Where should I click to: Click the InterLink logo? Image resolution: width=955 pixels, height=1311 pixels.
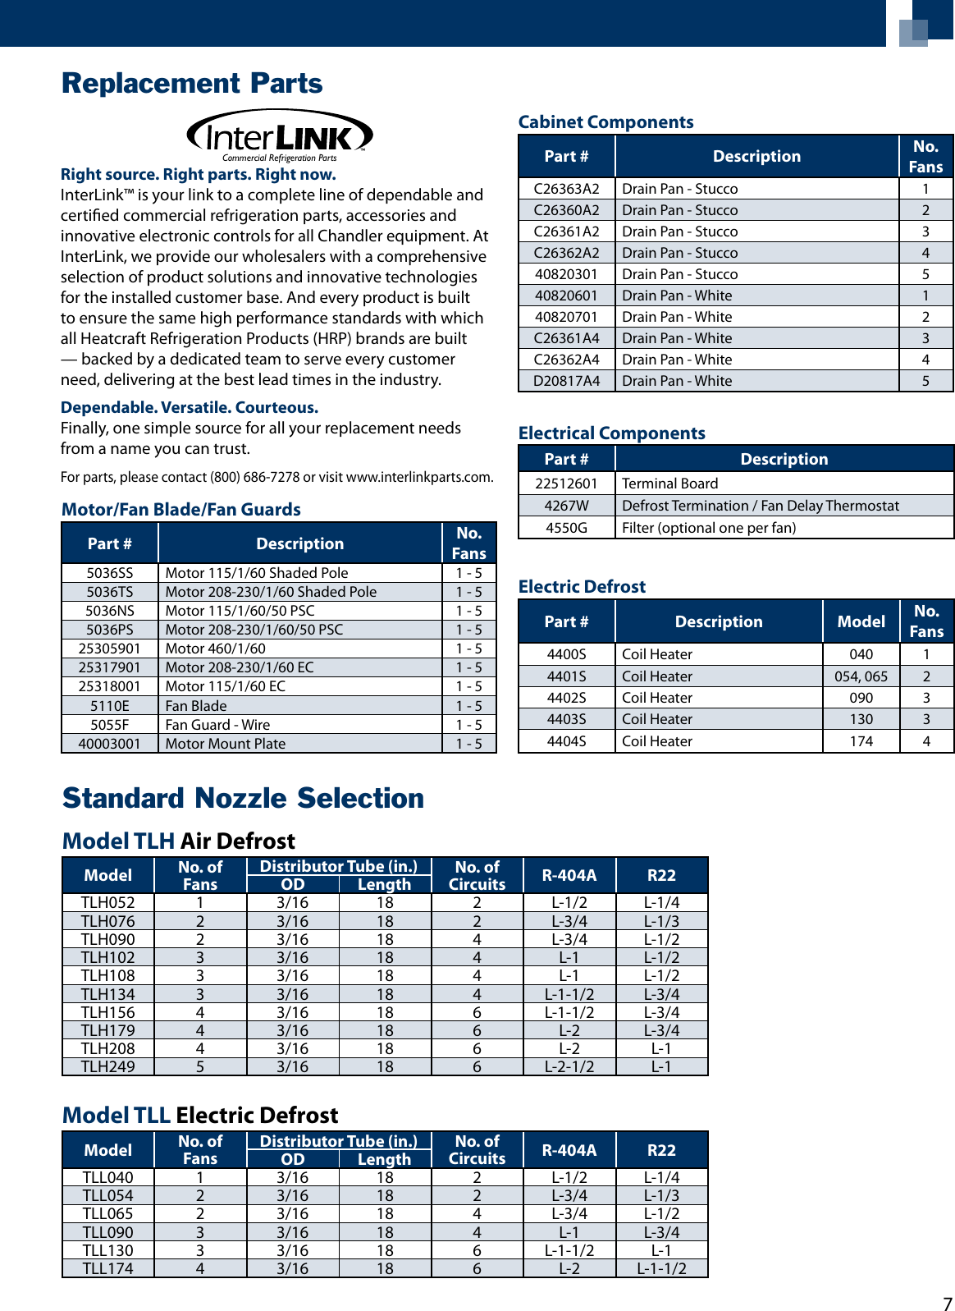pyautogui.click(x=280, y=136)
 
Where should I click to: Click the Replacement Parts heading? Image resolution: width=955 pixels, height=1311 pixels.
pyautogui.click(x=192, y=84)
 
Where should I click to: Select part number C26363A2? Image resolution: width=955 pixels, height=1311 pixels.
pyautogui.click(x=566, y=189)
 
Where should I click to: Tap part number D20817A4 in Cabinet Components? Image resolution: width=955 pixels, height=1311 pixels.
pyautogui.click(x=566, y=381)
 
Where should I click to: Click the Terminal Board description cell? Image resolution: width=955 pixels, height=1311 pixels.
pyautogui.click(x=669, y=484)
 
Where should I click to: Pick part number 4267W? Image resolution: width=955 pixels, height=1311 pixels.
pyautogui.click(x=566, y=506)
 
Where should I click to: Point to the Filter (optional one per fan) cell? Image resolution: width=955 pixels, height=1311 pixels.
pyautogui.click(x=709, y=528)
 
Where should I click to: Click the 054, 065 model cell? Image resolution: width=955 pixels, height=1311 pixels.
pyautogui.click(x=861, y=676)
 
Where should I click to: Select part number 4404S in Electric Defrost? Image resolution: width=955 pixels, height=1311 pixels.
pyautogui.click(x=566, y=741)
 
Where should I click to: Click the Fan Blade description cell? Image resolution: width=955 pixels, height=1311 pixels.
pyautogui.click(x=196, y=706)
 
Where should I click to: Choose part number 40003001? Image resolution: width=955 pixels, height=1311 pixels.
pyautogui.click(x=109, y=744)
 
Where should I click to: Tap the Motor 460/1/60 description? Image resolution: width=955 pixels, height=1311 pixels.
pyautogui.click(x=215, y=649)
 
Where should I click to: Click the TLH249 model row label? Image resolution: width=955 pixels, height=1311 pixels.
pyautogui.click(x=107, y=1066)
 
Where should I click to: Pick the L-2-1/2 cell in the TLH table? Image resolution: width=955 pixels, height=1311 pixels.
pyautogui.click(x=569, y=1066)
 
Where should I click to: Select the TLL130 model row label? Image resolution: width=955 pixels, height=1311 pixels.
pyautogui.click(x=107, y=1250)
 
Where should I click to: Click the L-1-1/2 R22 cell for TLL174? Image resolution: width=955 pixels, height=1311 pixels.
pyautogui.click(x=661, y=1268)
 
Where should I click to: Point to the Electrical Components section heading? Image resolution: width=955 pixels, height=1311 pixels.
pyautogui.click(x=611, y=433)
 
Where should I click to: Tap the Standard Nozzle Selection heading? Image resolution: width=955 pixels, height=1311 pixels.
pyautogui.click(x=243, y=799)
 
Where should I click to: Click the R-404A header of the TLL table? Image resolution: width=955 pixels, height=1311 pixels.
pyautogui.click(x=569, y=1150)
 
